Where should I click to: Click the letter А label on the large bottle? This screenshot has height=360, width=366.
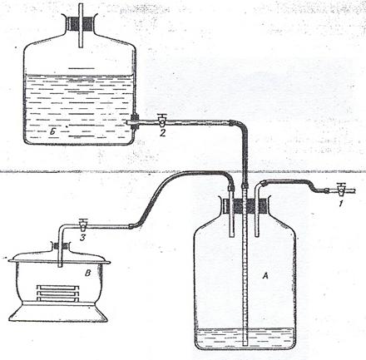tap(265, 276)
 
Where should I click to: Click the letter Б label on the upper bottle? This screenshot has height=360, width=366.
tap(52, 132)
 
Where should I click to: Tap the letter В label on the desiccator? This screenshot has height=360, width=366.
tap(87, 274)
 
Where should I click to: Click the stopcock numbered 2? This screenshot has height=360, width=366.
tap(161, 121)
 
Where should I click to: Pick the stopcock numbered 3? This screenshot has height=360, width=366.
tap(82, 225)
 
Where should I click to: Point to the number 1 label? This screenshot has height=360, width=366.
tap(341, 205)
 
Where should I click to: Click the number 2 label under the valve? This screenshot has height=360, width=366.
tap(162, 133)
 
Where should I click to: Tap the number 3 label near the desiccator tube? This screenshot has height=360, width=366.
tap(82, 238)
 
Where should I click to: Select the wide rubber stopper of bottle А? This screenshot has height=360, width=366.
tap(246, 205)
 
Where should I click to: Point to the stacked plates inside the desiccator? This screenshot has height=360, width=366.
tap(58, 293)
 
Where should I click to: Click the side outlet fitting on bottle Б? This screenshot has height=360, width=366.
tap(133, 121)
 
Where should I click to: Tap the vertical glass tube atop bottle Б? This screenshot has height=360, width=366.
tap(81, 26)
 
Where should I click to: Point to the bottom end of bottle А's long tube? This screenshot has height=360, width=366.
tap(245, 344)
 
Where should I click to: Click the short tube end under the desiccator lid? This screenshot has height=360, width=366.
tap(61, 265)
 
